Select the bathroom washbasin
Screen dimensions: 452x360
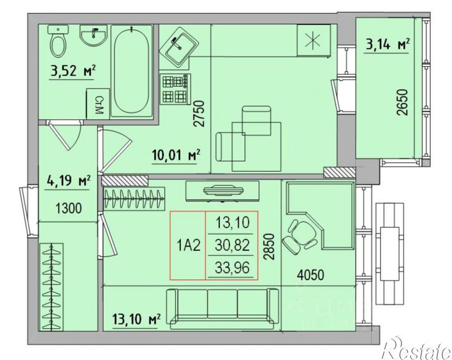(94, 35)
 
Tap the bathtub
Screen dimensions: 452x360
(132, 71)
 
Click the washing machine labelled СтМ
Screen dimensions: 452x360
(98, 104)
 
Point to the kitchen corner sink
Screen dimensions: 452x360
(179, 46)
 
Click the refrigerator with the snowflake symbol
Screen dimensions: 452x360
(314, 41)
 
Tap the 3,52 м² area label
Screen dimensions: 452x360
(73, 71)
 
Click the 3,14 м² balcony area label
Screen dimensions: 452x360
(388, 46)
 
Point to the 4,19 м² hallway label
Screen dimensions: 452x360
(69, 182)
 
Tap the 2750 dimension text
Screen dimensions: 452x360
(199, 114)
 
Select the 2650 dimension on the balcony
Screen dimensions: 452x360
(402, 102)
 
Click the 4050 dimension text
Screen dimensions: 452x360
(310, 275)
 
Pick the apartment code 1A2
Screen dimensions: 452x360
(188, 246)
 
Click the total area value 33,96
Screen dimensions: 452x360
(232, 268)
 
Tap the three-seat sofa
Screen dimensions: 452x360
(223, 309)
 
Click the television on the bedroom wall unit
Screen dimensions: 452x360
(223, 190)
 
